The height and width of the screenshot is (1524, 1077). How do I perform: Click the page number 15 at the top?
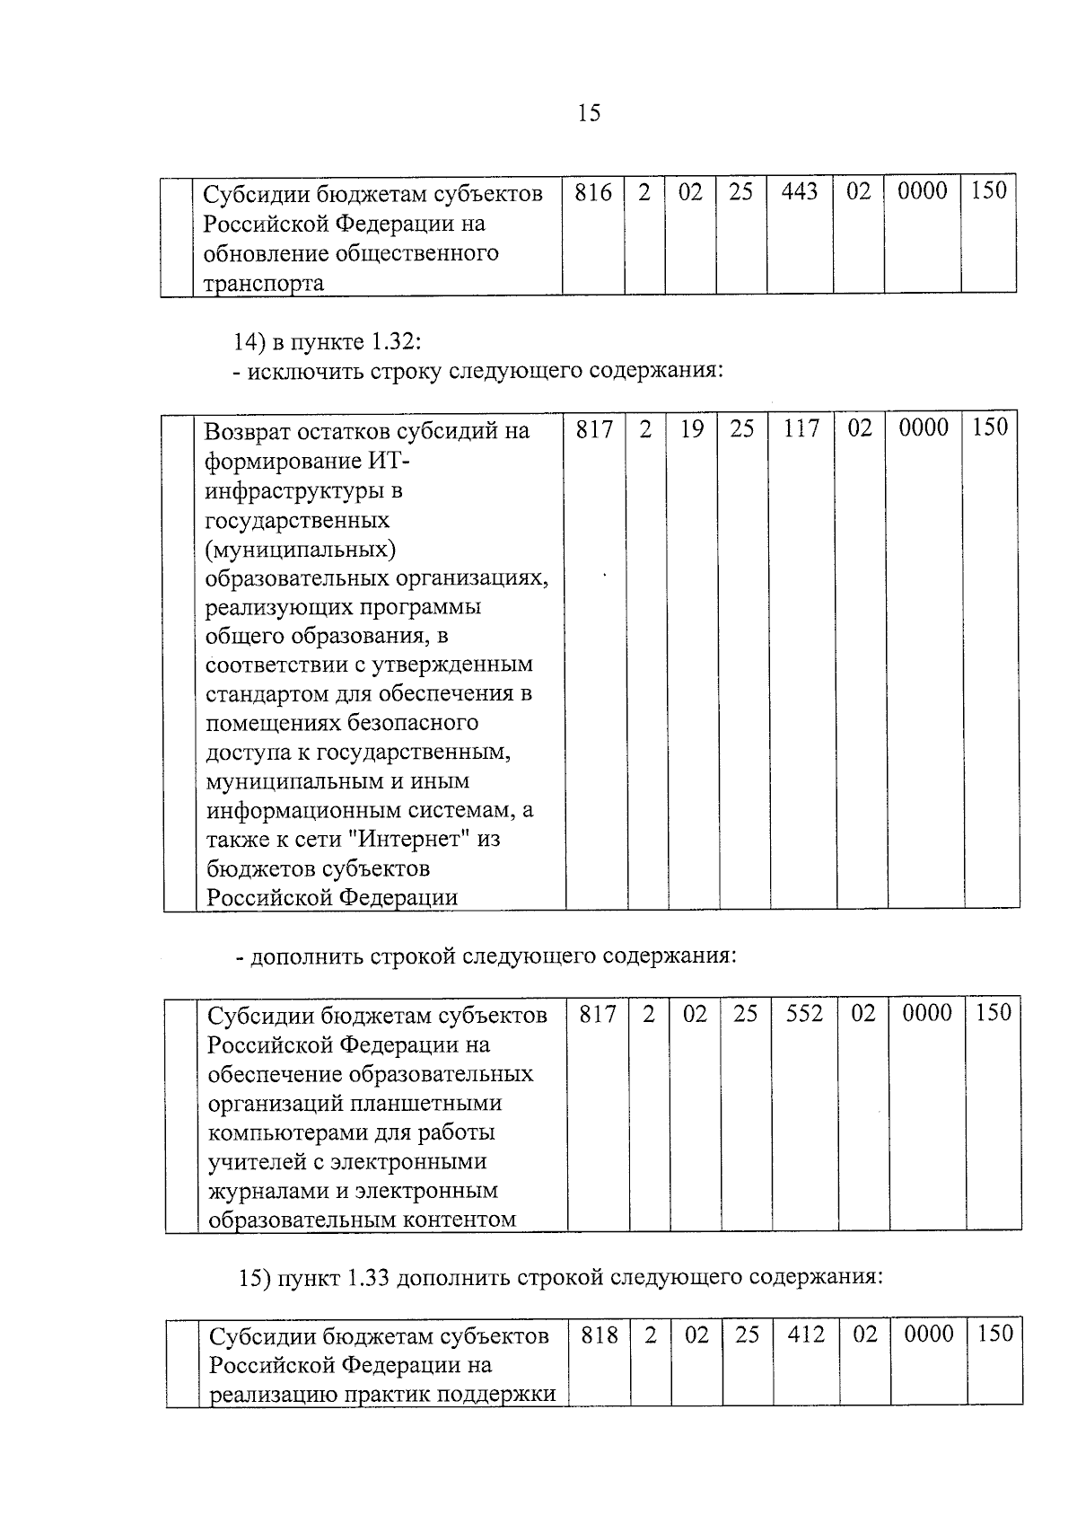[589, 113]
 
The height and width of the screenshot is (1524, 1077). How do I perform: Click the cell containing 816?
[593, 192]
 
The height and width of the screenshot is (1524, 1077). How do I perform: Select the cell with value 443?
[799, 192]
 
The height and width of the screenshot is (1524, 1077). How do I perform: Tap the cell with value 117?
[801, 429]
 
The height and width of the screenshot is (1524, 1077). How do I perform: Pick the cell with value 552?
[804, 1014]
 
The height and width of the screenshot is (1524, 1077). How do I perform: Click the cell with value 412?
[806, 1335]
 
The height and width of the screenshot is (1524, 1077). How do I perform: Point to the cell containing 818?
[600, 1335]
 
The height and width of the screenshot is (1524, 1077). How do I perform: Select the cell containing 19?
[691, 429]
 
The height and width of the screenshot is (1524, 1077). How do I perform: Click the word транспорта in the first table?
[263, 284]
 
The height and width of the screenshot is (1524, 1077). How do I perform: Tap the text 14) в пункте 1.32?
[327, 342]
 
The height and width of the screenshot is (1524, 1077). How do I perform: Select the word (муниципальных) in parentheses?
[301, 548]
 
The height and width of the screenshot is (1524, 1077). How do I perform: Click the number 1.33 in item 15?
[365, 1277]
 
